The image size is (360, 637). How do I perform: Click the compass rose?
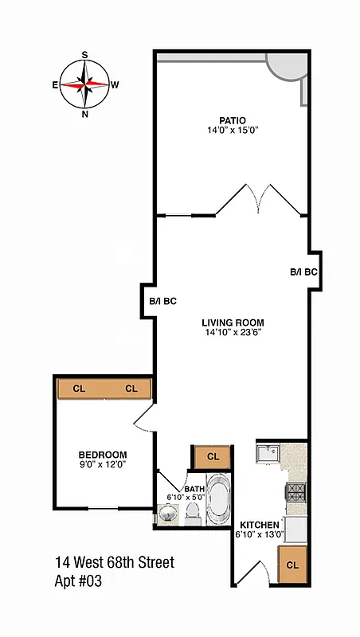[x=84, y=84]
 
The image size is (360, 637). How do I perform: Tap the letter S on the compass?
[x=84, y=55]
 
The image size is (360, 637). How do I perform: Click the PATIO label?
[x=233, y=121]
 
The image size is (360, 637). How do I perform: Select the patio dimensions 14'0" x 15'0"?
[x=233, y=131]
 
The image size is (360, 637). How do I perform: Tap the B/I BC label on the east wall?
[x=162, y=302]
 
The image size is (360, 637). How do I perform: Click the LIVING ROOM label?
[x=232, y=322]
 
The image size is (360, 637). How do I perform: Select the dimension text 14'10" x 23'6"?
[x=232, y=333]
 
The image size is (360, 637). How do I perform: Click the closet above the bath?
[x=213, y=457]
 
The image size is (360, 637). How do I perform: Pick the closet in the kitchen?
[x=292, y=565]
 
